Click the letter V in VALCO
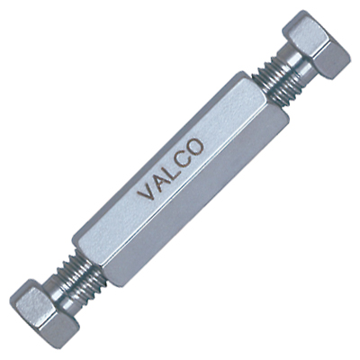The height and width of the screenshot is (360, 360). coord(147,191)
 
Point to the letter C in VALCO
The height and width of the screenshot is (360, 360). coord(181,159)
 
